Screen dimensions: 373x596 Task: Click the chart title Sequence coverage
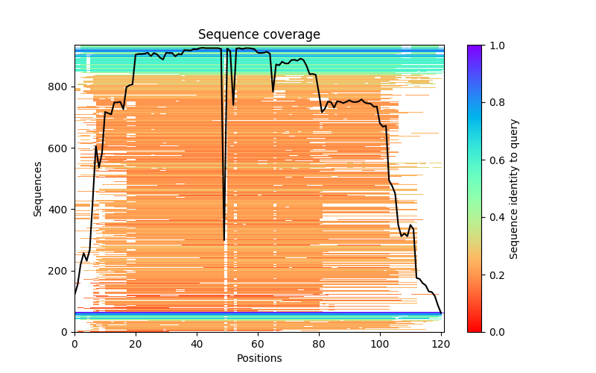259,35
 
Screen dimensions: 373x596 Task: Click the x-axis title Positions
259,358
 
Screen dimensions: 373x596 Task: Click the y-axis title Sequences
38,188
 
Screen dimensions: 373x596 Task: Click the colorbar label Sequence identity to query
514,188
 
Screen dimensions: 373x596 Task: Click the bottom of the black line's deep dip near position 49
224,239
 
